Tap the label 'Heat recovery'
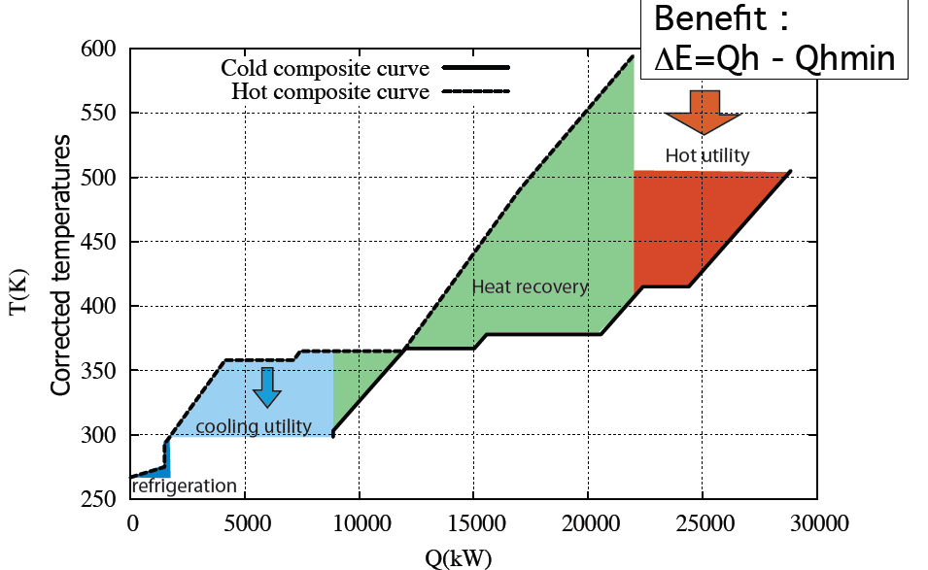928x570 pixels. [x=530, y=286]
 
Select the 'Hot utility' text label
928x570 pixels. [x=707, y=155]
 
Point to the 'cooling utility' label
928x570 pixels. [x=253, y=426]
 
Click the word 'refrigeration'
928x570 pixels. [x=184, y=486]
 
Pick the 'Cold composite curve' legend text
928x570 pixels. [x=325, y=68]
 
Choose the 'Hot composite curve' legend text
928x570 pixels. [x=330, y=93]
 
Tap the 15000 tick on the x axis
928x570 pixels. [x=473, y=523]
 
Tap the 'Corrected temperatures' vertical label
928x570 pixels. [x=60, y=265]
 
